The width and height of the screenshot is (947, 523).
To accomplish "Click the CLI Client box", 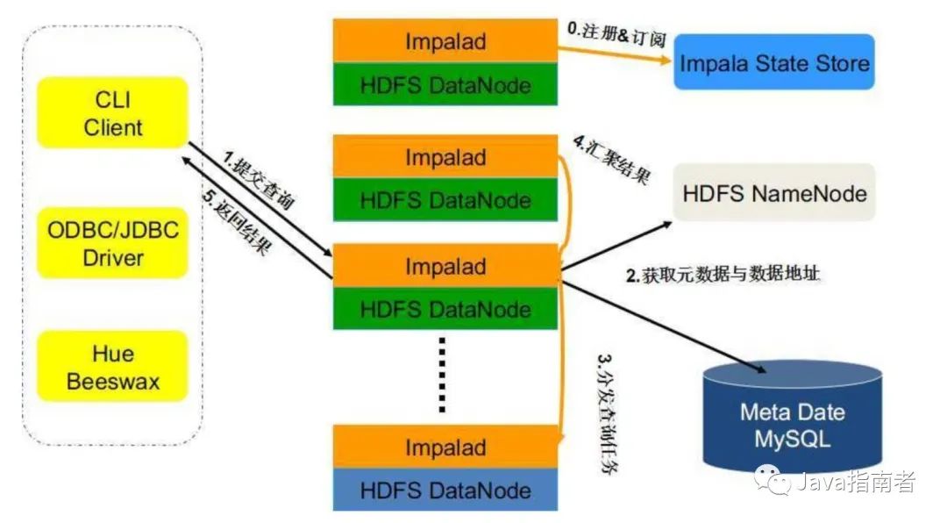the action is coord(112,112).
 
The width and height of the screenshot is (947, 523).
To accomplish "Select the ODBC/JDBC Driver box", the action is coord(112,244).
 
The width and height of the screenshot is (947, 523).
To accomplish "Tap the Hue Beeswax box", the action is coord(112,367).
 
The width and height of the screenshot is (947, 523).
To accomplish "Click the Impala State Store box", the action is coord(773,62).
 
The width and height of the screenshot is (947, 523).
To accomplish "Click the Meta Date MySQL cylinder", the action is coord(792,425).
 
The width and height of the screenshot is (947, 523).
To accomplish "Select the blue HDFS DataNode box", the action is coord(445,490).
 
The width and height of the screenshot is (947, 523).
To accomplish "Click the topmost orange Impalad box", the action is coord(445,40).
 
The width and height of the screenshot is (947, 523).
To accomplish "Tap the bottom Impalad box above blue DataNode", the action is coord(445,447).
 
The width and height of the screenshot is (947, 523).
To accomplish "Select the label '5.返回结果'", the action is coord(235,225).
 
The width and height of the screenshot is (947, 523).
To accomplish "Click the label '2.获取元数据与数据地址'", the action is coord(723,275).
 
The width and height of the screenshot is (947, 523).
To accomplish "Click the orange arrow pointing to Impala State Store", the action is coord(614,52).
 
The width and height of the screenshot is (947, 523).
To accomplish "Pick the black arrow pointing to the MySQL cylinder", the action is coord(666,329).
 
